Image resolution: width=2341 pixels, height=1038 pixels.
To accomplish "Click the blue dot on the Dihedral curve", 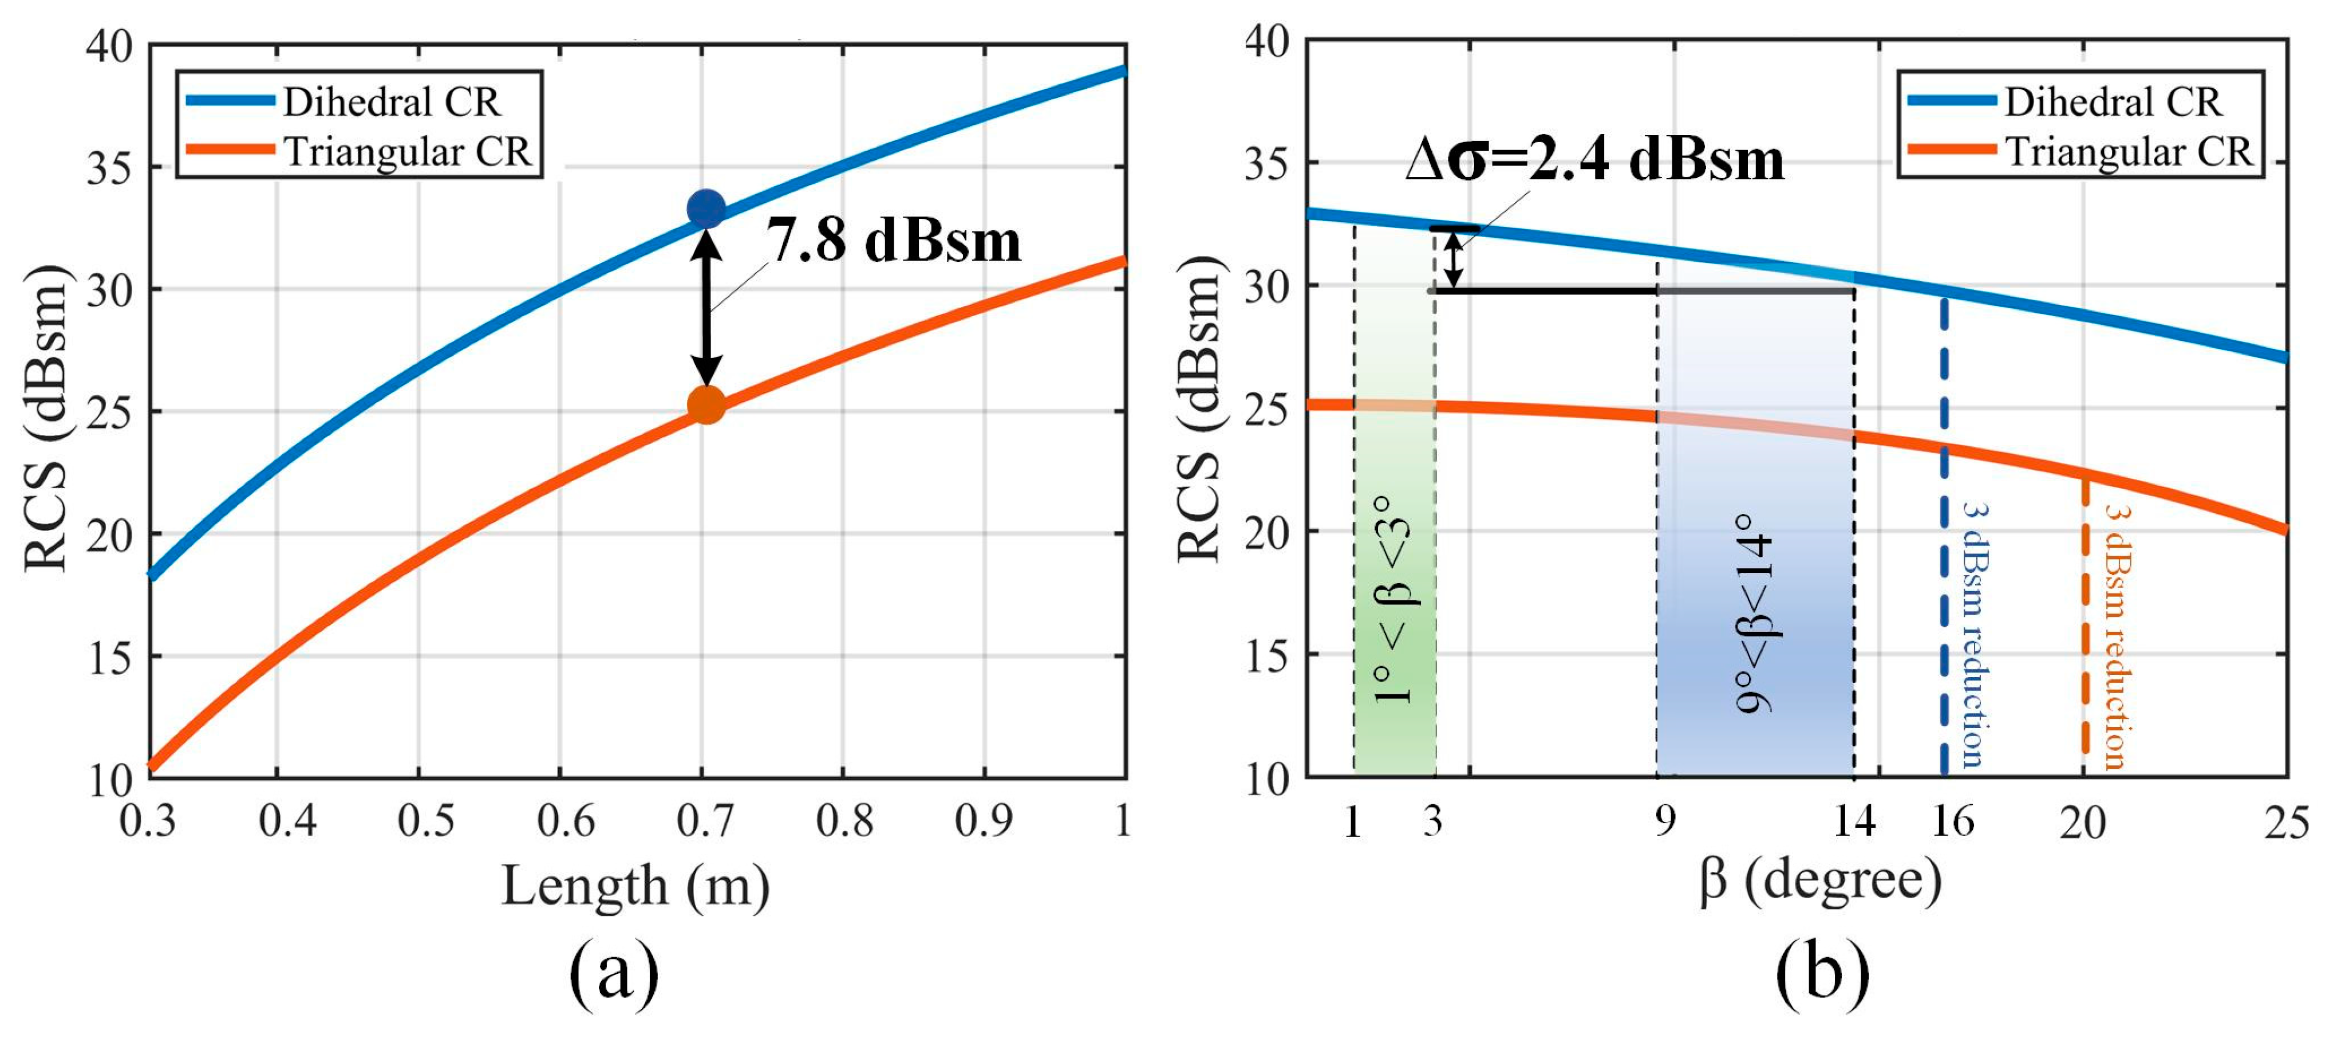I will [x=706, y=209].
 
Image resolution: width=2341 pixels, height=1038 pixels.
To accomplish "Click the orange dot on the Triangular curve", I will [x=706, y=404].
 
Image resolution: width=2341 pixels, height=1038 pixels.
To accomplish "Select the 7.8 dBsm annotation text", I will [x=893, y=241].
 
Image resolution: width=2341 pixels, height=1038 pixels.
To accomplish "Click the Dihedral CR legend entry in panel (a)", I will [x=391, y=102].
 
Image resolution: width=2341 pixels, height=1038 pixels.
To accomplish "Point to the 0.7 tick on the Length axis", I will [x=705, y=821].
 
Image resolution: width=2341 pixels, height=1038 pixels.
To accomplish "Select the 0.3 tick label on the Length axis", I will [x=148, y=821].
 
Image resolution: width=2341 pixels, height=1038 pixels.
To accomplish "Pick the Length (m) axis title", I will [x=635, y=886].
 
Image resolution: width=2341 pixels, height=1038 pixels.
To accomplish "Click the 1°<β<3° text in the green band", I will [x=1392, y=600].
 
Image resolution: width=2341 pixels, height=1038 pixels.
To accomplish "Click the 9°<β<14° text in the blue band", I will [x=1754, y=614].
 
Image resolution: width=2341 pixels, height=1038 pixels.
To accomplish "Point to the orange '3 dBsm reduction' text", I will [x=2115, y=636].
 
